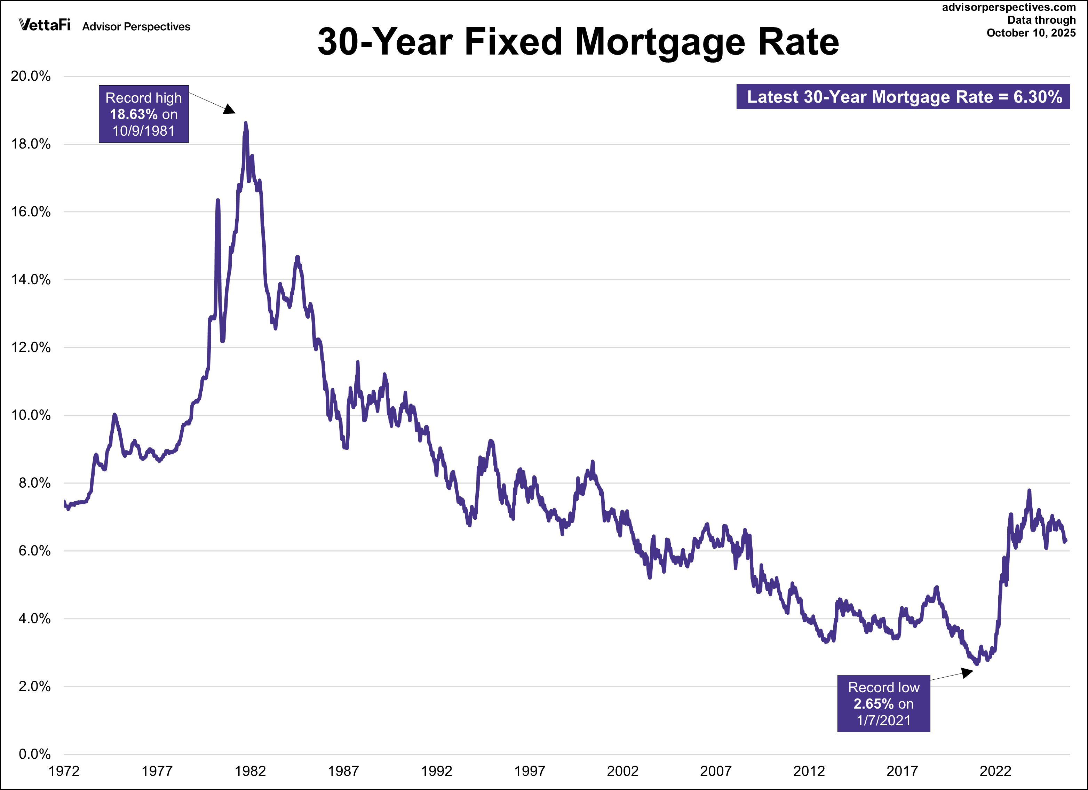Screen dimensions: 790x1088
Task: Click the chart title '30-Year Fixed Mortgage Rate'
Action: point(578,42)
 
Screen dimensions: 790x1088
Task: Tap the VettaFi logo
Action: point(45,25)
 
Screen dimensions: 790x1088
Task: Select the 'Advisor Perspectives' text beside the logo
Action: point(136,27)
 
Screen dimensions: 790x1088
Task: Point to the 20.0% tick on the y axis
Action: point(31,76)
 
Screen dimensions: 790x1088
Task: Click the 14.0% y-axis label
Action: point(31,280)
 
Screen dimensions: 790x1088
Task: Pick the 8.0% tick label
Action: point(34,483)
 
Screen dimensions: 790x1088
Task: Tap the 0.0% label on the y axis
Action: point(34,754)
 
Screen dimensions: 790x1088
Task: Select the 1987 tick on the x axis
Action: point(343,771)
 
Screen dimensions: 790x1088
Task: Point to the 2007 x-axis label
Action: point(715,771)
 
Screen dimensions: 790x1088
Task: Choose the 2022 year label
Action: point(995,771)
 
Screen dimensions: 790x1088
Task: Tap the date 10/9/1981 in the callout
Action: point(143,131)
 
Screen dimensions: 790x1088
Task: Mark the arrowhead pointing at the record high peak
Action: point(230,109)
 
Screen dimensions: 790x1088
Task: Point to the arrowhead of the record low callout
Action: point(968,672)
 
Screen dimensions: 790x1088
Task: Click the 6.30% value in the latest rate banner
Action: point(1038,97)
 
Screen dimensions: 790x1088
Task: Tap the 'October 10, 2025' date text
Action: point(1031,33)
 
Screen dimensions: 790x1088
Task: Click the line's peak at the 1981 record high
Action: point(246,123)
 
